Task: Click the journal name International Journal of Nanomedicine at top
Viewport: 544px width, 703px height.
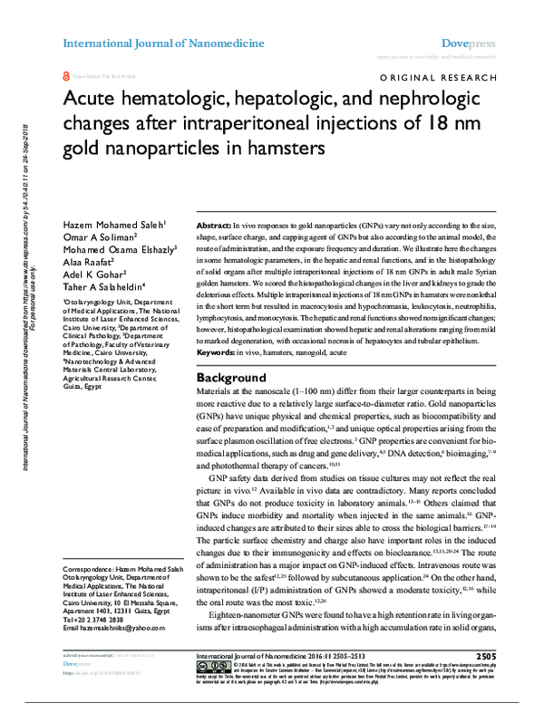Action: click(x=163, y=43)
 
